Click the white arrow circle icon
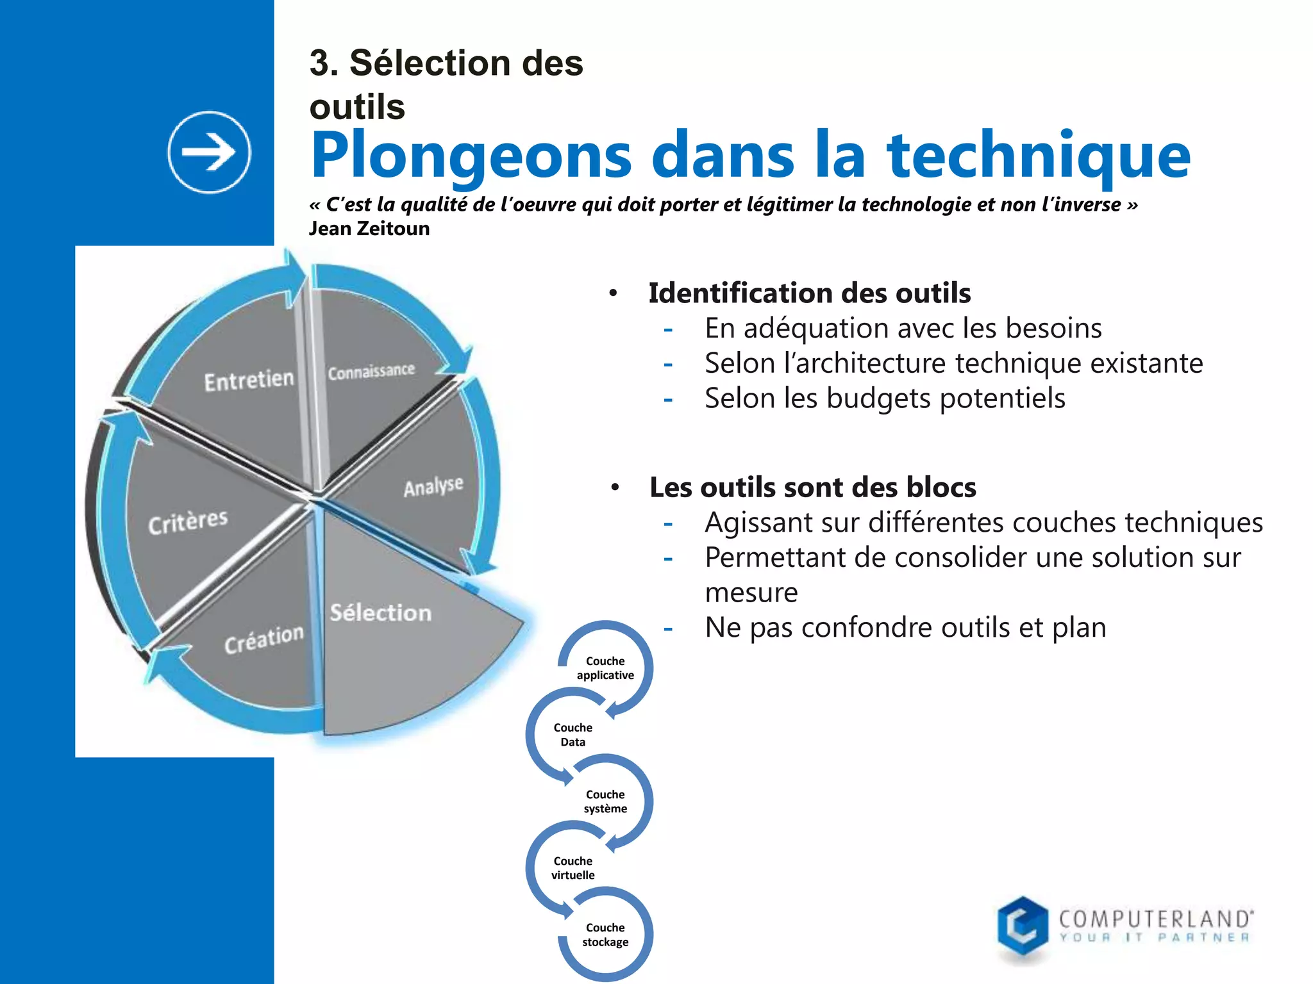[x=209, y=152]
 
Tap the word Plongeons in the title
[x=471, y=156]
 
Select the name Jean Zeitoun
[x=369, y=229]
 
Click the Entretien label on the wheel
[x=249, y=381]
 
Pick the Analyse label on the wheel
[x=433, y=486]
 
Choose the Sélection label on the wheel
[x=381, y=612]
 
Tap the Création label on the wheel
[x=263, y=639]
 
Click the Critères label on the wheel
[x=188, y=521]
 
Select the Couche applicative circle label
[x=605, y=668]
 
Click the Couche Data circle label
[x=573, y=735]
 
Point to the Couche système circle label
[x=605, y=801]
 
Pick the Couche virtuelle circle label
[x=573, y=868]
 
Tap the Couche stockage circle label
[x=605, y=935]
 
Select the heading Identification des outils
[x=809, y=293]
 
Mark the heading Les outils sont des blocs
[x=812, y=488]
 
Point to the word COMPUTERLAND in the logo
[x=1155, y=919]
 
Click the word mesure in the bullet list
[x=751, y=593]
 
